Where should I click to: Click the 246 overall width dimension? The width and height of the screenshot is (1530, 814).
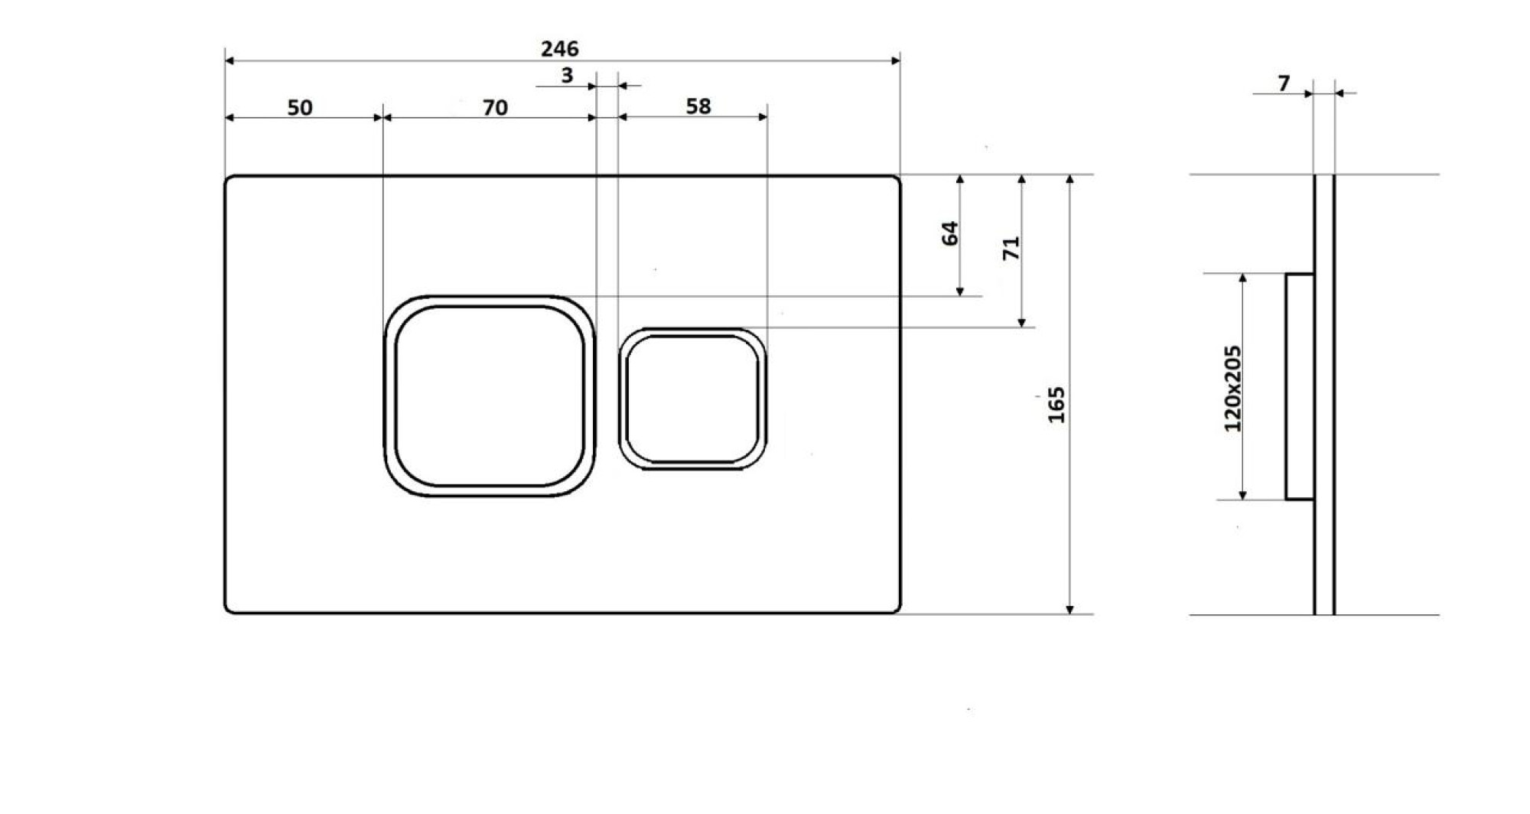pyautogui.click(x=560, y=49)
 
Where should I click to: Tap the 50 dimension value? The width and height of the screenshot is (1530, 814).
pyautogui.click(x=300, y=108)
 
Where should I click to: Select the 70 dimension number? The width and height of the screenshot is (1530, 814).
pyautogui.click(x=495, y=108)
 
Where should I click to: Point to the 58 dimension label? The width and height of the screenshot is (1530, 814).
pyautogui.click(x=698, y=106)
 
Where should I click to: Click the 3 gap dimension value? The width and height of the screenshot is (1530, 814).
pyautogui.click(x=567, y=76)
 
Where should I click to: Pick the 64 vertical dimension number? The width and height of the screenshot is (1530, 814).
pyautogui.click(x=950, y=233)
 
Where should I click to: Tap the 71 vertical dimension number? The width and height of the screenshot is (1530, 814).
pyautogui.click(x=1011, y=248)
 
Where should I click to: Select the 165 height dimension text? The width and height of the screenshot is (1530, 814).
pyautogui.click(x=1056, y=405)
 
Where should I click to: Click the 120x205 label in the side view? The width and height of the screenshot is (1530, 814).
pyautogui.click(x=1232, y=389)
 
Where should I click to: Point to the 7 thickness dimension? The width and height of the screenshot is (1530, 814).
pyautogui.click(x=1284, y=83)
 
